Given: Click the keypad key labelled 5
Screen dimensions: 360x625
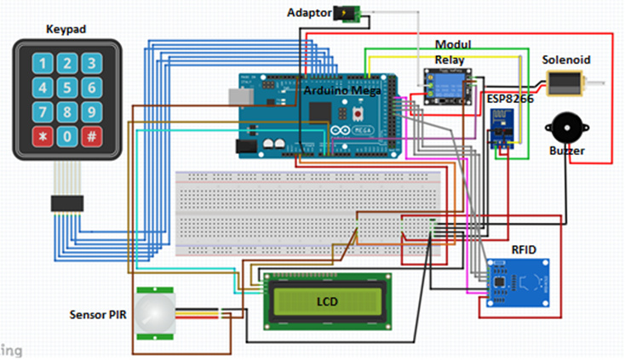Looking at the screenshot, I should click(x=66, y=87).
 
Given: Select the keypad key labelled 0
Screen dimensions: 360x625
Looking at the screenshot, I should click(x=66, y=136).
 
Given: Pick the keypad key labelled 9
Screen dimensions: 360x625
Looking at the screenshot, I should click(x=92, y=111).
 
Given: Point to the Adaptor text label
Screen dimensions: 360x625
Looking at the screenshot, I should click(x=310, y=13).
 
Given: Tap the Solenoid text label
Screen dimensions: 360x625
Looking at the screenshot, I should click(x=566, y=60).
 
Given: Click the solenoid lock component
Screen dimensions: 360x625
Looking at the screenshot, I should click(x=565, y=83).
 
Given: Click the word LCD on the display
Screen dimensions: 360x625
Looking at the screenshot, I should click(x=328, y=302).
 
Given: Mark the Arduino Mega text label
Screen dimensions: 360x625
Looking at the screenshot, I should click(x=341, y=89).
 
